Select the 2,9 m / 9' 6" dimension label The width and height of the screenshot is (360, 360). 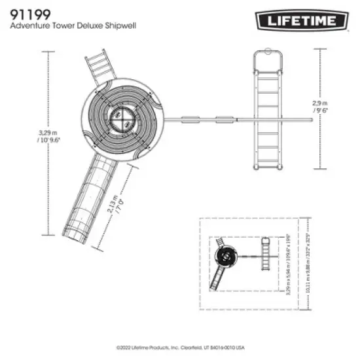pyautogui.click(x=320, y=107)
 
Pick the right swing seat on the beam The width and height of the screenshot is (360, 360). pyautogui.click(x=225, y=119)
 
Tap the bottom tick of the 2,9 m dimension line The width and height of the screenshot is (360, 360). pyautogui.click(x=320, y=170)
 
